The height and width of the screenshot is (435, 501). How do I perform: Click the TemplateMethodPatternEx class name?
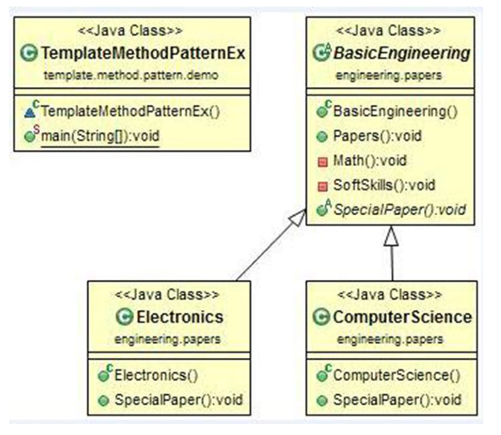[142, 53]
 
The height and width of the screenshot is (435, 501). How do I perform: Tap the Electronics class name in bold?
[178, 317]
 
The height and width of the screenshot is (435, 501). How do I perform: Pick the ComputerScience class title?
[402, 317]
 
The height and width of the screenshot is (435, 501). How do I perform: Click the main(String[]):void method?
[100, 136]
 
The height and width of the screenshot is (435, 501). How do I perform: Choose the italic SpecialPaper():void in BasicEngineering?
[399, 210]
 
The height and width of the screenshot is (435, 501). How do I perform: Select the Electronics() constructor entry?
[155, 375]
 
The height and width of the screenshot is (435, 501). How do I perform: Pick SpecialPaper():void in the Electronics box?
[174, 399]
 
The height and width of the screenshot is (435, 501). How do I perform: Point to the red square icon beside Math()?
[323, 161]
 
